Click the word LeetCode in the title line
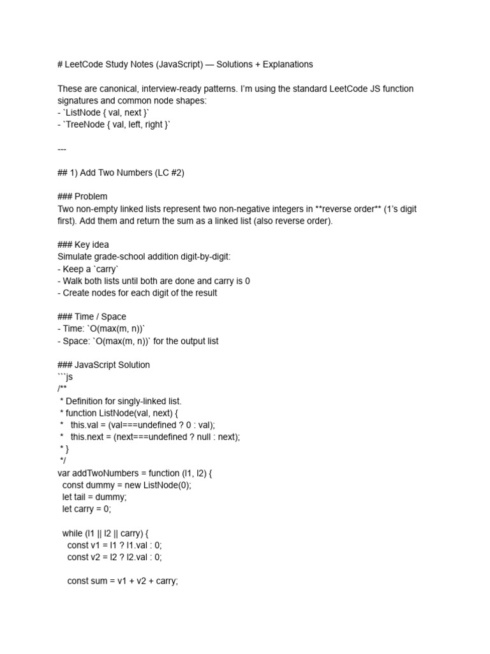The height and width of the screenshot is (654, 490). (85, 64)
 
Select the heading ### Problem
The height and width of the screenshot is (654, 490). (82, 197)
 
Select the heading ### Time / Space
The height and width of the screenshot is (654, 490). (92, 317)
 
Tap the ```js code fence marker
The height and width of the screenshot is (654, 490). (64, 377)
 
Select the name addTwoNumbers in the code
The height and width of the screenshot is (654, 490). (105, 473)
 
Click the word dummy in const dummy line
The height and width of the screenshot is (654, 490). (100, 485)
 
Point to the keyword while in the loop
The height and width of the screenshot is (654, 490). (73, 533)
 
